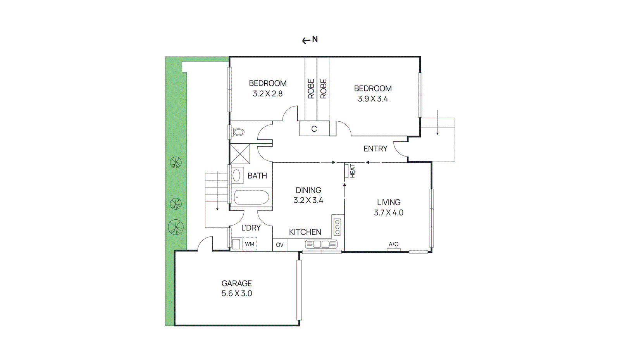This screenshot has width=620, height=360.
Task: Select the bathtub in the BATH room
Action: (251, 197)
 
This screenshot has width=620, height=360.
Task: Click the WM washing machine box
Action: (250, 244)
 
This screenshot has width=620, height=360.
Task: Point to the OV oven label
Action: (280, 245)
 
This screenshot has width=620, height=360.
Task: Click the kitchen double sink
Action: (321, 245)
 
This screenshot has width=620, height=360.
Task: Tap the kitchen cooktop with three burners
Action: (337, 227)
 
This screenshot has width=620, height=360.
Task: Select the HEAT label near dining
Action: (352, 171)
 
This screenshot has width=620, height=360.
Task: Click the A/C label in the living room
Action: (394, 244)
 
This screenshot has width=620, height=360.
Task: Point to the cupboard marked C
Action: (314, 129)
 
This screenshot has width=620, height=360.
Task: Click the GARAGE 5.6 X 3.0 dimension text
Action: (237, 293)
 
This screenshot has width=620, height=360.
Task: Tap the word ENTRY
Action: (375, 149)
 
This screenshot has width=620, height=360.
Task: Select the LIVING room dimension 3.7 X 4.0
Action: (389, 213)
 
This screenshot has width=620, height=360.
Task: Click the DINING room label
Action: (308, 190)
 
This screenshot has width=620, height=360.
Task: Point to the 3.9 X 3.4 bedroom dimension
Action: (373, 99)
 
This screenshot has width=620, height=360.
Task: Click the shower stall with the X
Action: (240, 154)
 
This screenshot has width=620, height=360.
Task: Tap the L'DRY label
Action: (251, 228)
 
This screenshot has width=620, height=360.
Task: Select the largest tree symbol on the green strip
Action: (176, 227)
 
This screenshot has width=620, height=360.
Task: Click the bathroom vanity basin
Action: (237, 176)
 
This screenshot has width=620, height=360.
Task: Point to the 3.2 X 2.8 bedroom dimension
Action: (268, 93)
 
